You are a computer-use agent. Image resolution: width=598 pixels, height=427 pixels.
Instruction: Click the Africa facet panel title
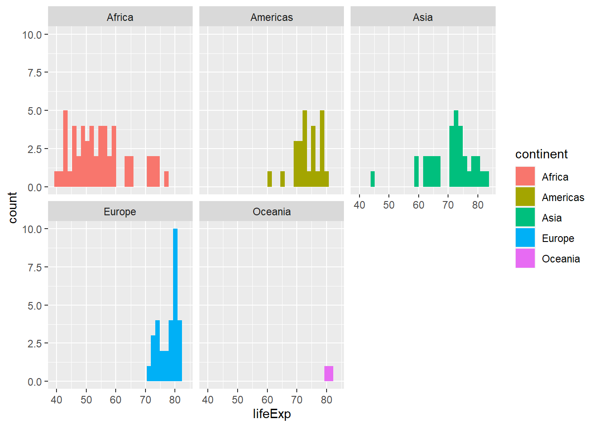(x=120, y=17)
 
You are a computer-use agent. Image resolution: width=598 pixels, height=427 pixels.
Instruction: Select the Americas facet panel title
(x=271, y=17)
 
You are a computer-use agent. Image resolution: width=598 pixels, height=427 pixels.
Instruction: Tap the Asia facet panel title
(x=423, y=17)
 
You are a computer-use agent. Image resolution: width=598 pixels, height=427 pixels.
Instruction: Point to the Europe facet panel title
(x=120, y=212)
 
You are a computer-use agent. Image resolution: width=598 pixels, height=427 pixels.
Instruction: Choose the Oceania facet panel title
(x=271, y=212)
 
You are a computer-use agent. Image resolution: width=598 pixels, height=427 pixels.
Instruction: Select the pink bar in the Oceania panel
(x=329, y=374)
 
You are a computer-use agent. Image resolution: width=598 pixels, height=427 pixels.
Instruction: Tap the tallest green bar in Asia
(x=456, y=147)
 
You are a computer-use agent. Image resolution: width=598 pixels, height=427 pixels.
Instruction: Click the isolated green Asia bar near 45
(x=372, y=179)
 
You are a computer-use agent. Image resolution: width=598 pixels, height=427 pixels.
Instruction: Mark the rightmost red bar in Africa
(x=166, y=179)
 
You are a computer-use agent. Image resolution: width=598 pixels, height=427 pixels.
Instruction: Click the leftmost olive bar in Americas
(x=270, y=179)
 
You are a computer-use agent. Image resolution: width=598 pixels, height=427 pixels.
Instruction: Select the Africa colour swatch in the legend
(x=525, y=177)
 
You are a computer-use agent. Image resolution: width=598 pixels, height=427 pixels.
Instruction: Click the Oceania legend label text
(x=561, y=259)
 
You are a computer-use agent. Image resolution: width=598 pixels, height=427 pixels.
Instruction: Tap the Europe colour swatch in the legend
(x=525, y=238)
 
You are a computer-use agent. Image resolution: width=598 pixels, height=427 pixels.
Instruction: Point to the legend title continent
(x=541, y=154)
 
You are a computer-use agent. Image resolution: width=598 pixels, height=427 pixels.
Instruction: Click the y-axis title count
(x=12, y=207)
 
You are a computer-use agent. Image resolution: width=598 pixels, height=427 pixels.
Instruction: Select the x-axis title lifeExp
(x=271, y=414)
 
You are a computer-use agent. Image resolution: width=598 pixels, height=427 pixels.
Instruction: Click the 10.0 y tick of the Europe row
(x=32, y=229)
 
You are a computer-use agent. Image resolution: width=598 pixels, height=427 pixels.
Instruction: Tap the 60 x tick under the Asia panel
(x=418, y=205)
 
